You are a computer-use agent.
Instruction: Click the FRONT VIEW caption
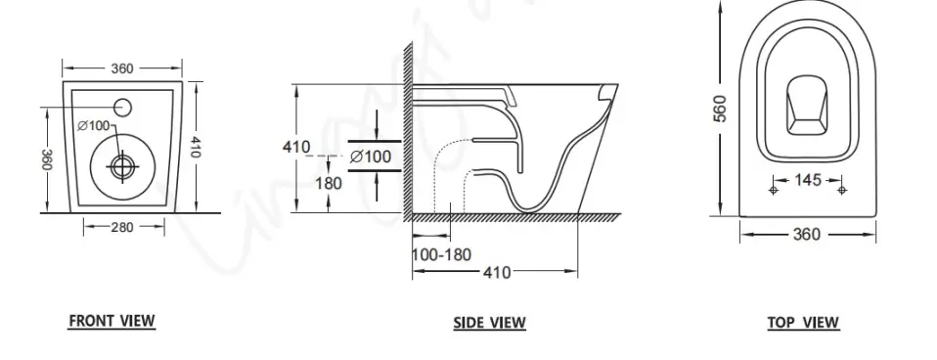112,321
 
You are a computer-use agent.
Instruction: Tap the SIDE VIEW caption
489,323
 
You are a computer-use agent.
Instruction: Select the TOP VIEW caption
803,323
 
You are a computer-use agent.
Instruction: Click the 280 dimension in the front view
122,227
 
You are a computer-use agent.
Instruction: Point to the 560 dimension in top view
721,109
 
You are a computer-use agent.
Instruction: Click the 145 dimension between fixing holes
808,179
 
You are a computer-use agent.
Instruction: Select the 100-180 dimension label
442,254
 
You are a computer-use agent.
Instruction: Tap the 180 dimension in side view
329,183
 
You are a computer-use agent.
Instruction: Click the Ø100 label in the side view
371,157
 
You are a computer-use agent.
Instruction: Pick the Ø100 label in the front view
95,125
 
